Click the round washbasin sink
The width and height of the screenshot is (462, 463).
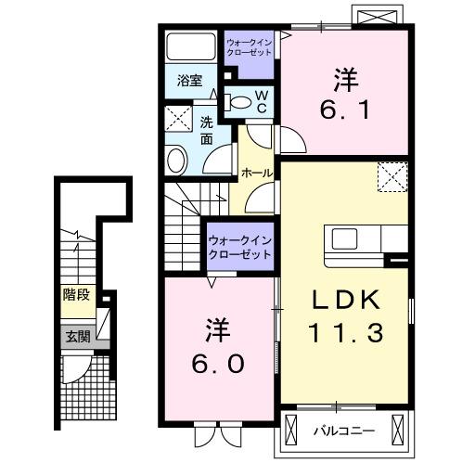[x=178, y=161]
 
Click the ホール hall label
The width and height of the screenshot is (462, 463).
[x=256, y=174]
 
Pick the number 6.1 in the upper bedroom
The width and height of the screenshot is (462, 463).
[x=344, y=97]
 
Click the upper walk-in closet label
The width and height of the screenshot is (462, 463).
[x=250, y=48]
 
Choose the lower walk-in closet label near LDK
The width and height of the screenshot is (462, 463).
[x=240, y=250]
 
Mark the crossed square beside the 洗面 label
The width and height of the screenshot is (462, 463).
[x=177, y=118]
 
